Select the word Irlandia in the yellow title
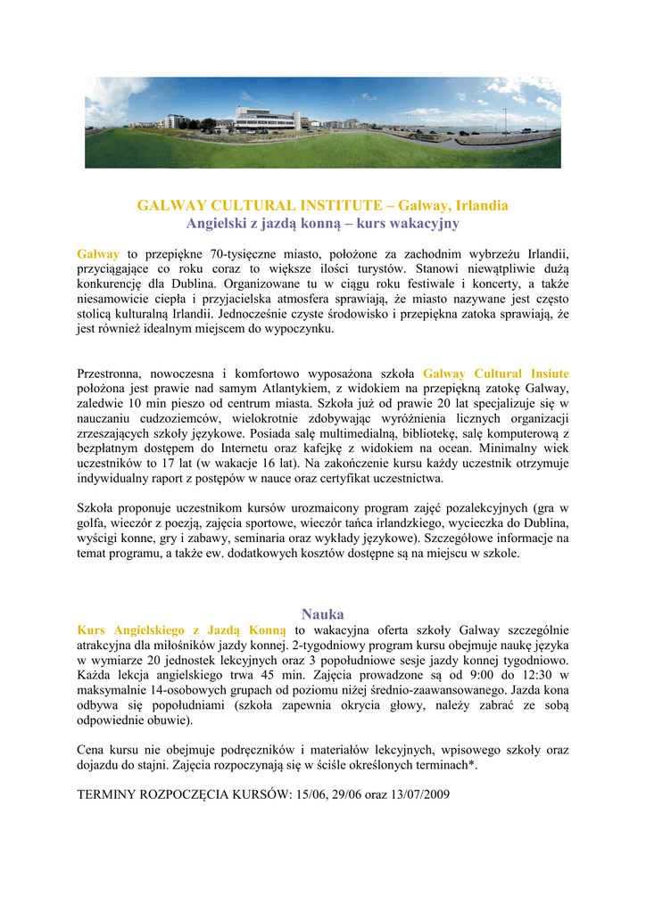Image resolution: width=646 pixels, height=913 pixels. (x=483, y=206)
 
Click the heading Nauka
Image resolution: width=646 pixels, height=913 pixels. (x=322, y=614)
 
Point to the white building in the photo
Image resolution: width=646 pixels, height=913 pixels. (x=268, y=119)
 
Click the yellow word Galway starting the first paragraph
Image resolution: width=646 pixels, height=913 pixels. (x=98, y=253)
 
